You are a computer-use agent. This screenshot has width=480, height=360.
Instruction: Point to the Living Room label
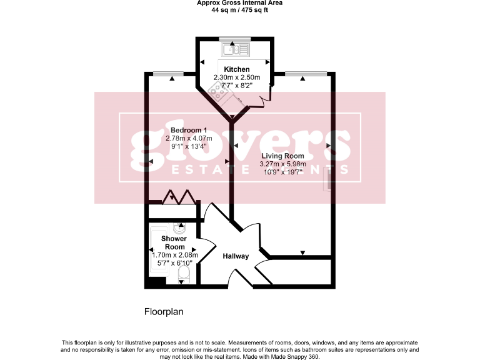click(x=282, y=156)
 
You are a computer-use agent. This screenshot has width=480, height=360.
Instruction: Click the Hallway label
click(x=236, y=256)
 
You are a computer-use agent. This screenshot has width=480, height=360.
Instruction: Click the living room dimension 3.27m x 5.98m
click(x=281, y=164)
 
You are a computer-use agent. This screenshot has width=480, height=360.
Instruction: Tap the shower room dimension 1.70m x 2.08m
click(x=174, y=255)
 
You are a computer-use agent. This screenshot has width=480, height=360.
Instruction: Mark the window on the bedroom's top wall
click(x=172, y=72)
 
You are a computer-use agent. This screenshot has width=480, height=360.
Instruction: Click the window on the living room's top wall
click(x=302, y=72)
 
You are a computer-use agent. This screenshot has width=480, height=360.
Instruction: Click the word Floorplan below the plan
click(x=163, y=311)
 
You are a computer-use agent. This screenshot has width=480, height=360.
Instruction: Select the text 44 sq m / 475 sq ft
click(x=239, y=10)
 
